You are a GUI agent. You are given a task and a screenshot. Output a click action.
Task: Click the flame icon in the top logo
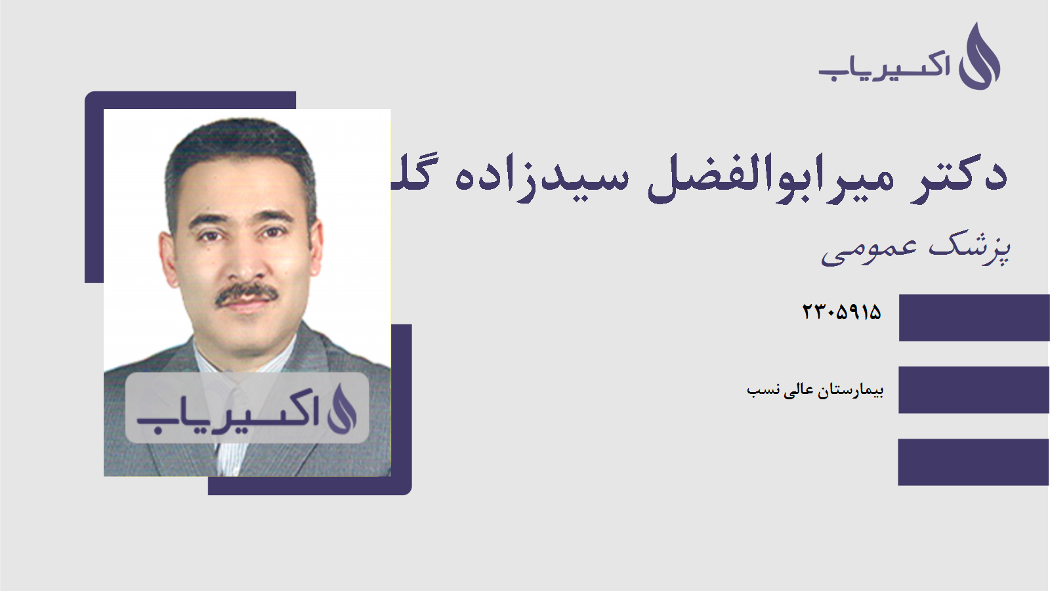[979, 57]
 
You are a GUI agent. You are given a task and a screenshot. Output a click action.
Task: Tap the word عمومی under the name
[869, 250]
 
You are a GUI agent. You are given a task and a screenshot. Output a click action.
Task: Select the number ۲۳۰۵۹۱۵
[841, 312]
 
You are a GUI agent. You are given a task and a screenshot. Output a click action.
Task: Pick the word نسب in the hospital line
[763, 391]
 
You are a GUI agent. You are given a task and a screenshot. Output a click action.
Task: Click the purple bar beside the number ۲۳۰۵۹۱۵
[974, 318]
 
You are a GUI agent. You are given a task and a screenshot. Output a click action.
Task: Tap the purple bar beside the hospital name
[974, 390]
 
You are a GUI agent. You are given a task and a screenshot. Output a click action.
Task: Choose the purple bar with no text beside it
[974, 462]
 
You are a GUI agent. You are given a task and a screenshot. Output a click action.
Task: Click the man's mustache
[246, 294]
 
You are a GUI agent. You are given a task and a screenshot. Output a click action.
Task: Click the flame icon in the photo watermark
[342, 409]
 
